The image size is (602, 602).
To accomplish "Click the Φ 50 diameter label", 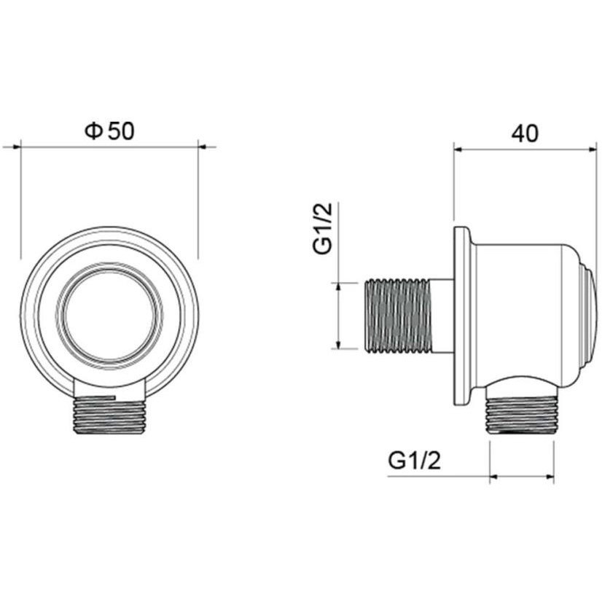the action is tap(109, 131).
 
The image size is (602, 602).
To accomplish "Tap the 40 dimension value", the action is tap(525, 133).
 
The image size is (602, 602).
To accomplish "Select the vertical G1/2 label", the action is tap(322, 228).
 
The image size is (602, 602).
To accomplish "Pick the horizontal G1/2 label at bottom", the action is tap(414, 460).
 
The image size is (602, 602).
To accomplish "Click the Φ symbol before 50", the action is tap(93, 131).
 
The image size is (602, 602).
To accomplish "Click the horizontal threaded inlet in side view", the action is tap(397, 316).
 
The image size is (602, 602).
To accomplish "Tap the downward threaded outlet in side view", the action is tap(520, 415).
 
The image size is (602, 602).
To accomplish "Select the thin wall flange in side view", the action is tap(462, 316).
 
